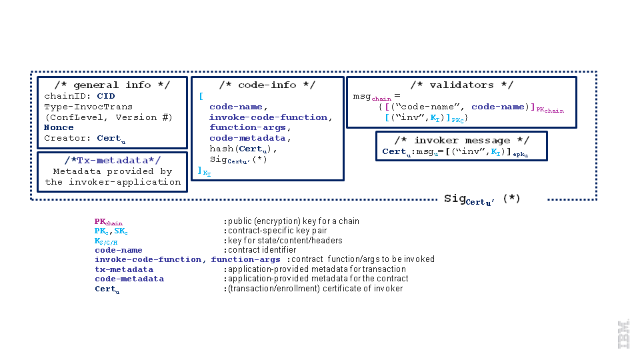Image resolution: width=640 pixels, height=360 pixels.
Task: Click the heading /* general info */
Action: [112, 85]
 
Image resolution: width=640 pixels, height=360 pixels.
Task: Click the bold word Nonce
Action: [59, 127]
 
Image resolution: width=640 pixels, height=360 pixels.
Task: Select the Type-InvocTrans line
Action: [88, 107]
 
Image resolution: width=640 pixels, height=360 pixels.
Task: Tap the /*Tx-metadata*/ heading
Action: [112, 160]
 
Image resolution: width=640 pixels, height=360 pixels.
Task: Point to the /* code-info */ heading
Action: [267, 85]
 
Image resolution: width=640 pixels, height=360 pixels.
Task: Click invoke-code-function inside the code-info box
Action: [268, 117]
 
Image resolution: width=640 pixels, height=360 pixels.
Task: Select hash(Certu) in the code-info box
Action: [243, 149]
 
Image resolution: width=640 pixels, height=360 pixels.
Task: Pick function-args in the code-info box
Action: [247, 127]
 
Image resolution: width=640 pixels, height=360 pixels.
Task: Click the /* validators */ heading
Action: [461, 85]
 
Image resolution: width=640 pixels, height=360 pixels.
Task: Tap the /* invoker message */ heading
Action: [461, 141]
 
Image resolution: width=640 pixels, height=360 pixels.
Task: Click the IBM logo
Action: [623, 334]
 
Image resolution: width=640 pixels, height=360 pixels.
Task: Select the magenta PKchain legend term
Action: [108, 222]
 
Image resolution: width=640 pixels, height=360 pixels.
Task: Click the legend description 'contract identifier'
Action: [260, 250]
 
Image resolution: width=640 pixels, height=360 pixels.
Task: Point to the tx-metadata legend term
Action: [124, 269]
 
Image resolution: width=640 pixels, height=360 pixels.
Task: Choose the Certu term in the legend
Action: [106, 289]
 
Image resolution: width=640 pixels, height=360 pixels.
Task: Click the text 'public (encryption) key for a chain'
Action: [293, 221]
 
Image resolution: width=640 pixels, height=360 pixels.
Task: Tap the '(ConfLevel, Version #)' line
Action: [108, 117]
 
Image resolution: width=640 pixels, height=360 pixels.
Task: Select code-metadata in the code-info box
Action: [247, 138]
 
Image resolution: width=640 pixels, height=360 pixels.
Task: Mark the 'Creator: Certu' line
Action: [84, 139]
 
